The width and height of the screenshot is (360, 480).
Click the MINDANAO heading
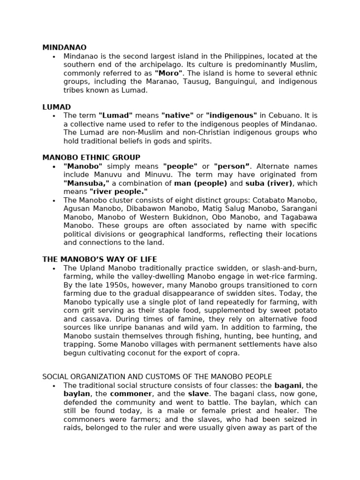click(64, 47)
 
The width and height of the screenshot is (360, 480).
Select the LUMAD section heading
click(56, 107)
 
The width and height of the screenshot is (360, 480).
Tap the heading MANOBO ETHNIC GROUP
click(91, 157)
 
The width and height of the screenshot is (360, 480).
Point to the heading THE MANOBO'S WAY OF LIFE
click(99, 259)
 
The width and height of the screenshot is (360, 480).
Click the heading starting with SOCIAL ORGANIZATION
click(157, 376)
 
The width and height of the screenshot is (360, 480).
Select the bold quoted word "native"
click(177, 115)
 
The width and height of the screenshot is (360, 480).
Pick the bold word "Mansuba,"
click(86, 183)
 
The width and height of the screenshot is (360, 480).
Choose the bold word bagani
click(288, 385)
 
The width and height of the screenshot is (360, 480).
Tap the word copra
click(229, 353)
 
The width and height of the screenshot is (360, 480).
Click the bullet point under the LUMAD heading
click(54, 116)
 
